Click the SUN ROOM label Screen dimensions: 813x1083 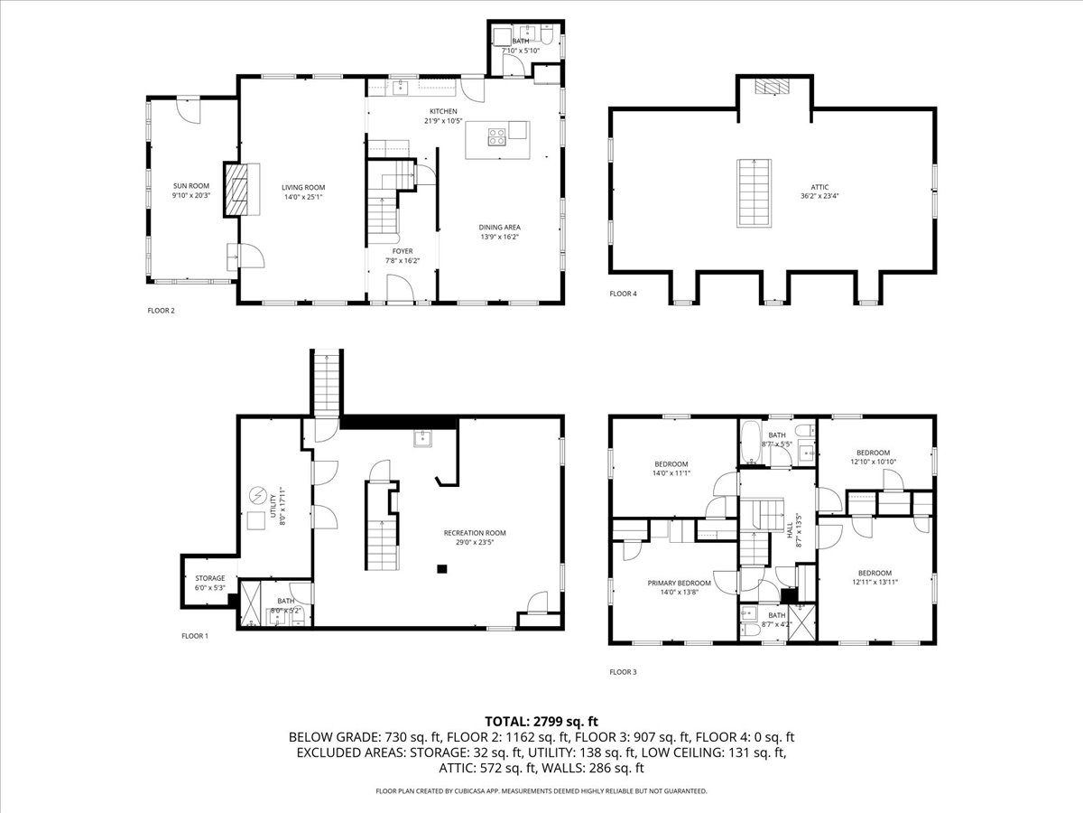pos(166,186)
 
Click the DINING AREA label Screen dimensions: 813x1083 pos(499,228)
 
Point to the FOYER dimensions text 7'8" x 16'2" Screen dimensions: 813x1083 pos(402,260)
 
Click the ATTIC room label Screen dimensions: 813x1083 pos(813,186)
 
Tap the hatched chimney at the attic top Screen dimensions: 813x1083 pos(772,87)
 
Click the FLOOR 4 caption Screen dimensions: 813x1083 pos(623,294)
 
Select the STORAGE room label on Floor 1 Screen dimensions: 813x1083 pos(210,578)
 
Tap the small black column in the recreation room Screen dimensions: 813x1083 pos(441,569)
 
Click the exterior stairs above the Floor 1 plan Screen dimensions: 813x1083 pos(325,381)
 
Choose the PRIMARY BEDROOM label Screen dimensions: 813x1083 pos(679,584)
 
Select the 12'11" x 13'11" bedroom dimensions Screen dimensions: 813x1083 pos(875,582)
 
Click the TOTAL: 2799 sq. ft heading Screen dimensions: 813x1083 pos(541,721)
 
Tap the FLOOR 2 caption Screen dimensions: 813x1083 pos(161,311)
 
